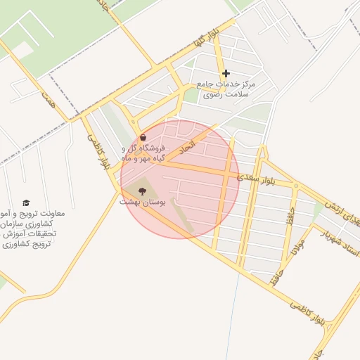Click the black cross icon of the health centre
226,73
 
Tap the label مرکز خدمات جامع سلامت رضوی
228,89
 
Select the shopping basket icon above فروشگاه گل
143,138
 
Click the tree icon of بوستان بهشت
143,191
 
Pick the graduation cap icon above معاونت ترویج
27,202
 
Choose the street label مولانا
299,251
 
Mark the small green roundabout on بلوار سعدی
296,186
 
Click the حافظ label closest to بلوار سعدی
289,214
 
